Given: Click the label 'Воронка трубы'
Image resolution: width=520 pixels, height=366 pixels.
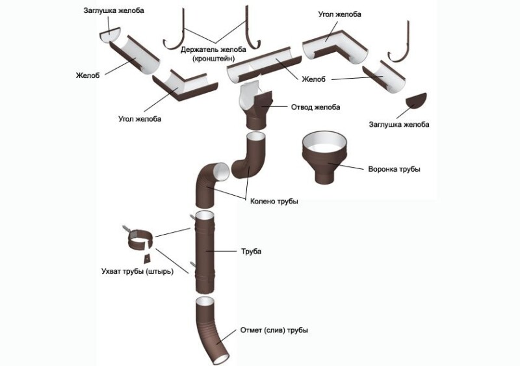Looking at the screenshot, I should coord(395,169).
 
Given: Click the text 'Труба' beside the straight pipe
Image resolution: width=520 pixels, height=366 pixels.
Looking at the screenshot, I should coord(250,250).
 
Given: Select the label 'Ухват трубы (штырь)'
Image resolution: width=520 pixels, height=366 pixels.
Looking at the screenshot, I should coord(138,270).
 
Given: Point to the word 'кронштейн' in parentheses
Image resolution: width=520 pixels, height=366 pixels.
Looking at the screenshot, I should coord(213,59).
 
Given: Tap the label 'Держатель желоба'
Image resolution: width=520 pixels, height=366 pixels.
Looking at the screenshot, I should coord(213,50).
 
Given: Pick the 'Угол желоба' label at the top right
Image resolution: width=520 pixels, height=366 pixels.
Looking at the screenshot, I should coord(339,14).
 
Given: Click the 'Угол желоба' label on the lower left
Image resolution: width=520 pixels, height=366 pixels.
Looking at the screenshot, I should coord(140,119).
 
